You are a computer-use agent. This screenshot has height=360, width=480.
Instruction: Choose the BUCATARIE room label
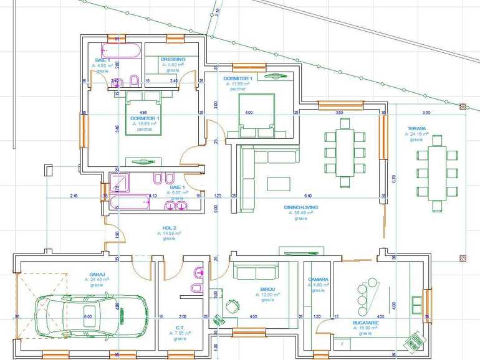point(365,323)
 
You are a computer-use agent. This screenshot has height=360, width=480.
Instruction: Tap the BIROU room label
point(268,290)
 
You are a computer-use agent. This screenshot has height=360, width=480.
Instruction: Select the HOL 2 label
point(168,228)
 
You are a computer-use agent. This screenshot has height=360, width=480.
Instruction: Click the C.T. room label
point(180,328)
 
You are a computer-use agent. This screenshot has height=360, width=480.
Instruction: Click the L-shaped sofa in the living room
point(248,178)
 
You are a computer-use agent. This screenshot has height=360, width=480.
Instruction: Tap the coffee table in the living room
point(278,183)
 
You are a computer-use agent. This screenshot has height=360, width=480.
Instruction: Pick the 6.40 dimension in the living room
point(307,196)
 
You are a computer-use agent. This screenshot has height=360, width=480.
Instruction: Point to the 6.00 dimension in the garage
point(88,316)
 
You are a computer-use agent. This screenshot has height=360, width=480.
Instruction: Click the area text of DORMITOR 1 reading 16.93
point(145,123)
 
